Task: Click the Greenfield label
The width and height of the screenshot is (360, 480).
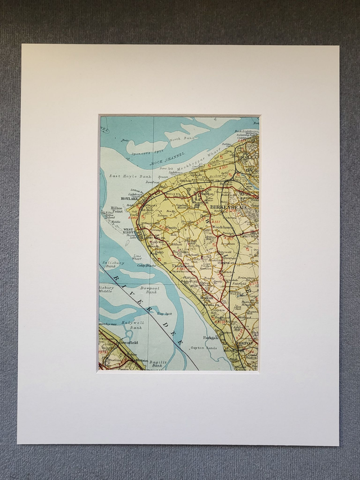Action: pos(124,342)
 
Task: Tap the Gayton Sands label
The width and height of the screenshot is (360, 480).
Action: pos(204,349)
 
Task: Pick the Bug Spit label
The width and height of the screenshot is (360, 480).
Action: pos(164,313)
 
